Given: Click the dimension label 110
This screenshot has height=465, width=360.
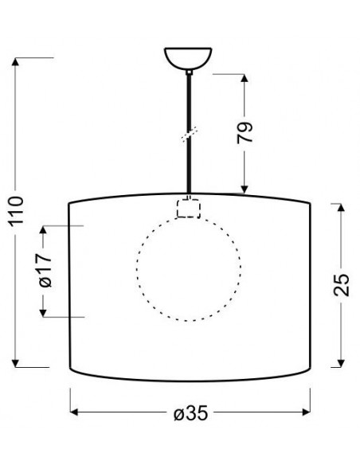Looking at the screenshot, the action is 16,210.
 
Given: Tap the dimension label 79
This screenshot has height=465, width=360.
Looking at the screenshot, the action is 245,132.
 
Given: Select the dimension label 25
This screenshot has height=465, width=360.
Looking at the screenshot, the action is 342,285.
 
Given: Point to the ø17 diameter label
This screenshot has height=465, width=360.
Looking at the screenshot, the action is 45,270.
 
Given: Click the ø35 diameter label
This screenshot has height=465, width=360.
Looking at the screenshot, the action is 191,412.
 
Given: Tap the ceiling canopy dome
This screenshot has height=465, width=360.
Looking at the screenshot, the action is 188,58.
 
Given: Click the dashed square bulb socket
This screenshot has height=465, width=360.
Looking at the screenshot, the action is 189,209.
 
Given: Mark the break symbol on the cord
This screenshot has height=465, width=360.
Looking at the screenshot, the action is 190,135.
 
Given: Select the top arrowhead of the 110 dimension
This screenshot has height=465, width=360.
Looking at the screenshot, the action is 15,61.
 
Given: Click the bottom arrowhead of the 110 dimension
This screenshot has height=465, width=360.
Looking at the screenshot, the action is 15,363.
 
